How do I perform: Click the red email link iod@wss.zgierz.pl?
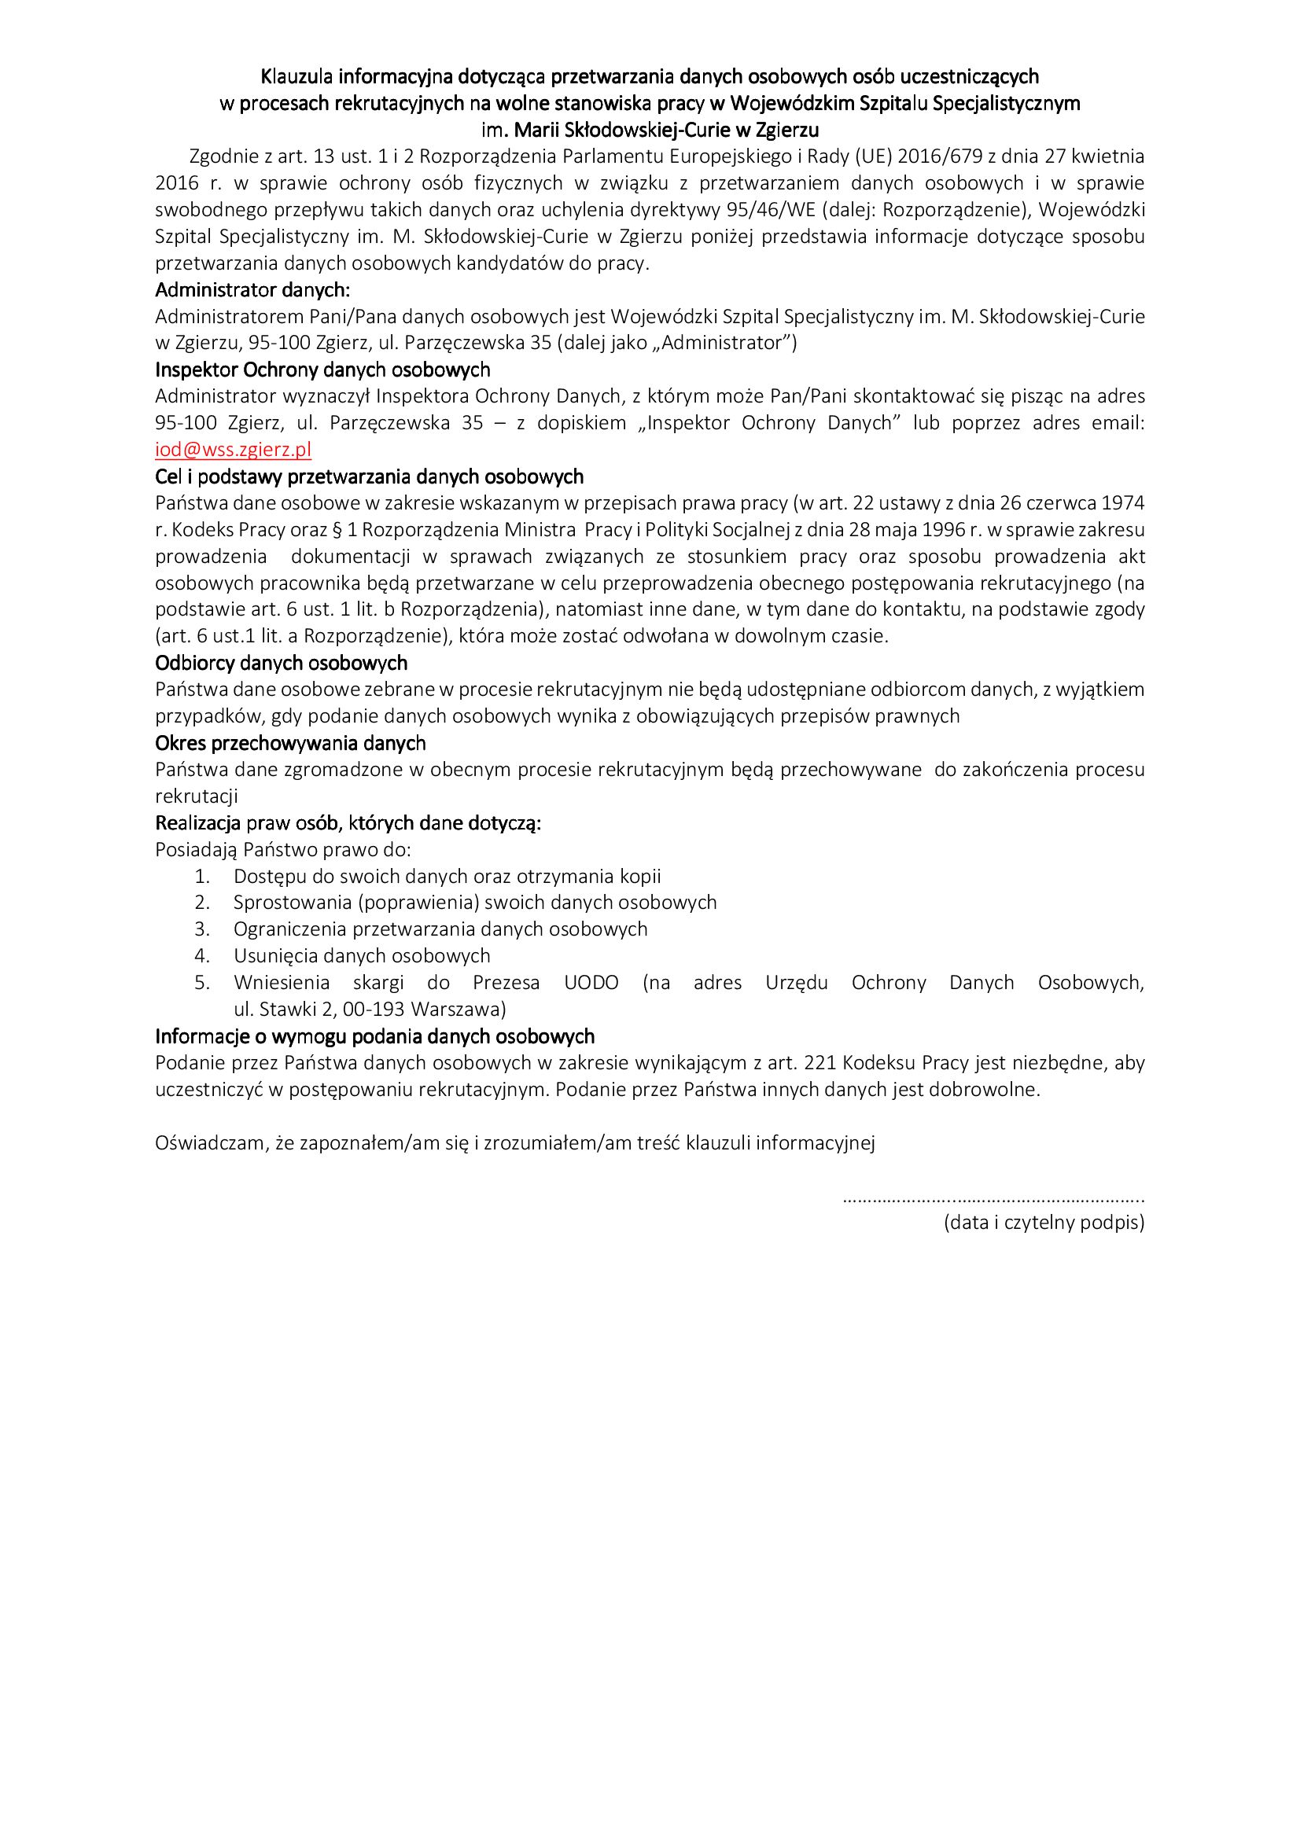pos(233,450)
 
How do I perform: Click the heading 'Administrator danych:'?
pos(252,289)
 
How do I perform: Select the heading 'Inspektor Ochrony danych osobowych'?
pos(322,370)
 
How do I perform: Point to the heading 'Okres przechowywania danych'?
pos(290,742)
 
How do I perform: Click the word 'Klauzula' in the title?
pos(297,76)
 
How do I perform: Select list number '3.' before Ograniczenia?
pos(202,929)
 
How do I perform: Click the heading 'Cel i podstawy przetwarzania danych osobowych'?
pos(370,476)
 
